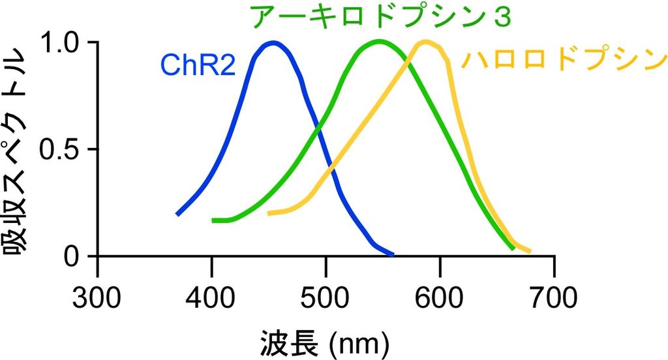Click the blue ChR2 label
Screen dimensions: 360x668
click(198, 66)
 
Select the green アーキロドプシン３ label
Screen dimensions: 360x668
click(380, 18)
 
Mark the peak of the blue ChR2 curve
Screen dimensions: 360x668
click(274, 44)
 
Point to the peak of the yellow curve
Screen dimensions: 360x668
click(425, 42)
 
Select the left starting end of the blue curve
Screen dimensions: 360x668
click(177, 213)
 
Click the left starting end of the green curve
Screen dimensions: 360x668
click(213, 220)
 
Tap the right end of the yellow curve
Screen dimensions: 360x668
click(529, 251)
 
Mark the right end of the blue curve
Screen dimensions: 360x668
click(392, 254)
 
